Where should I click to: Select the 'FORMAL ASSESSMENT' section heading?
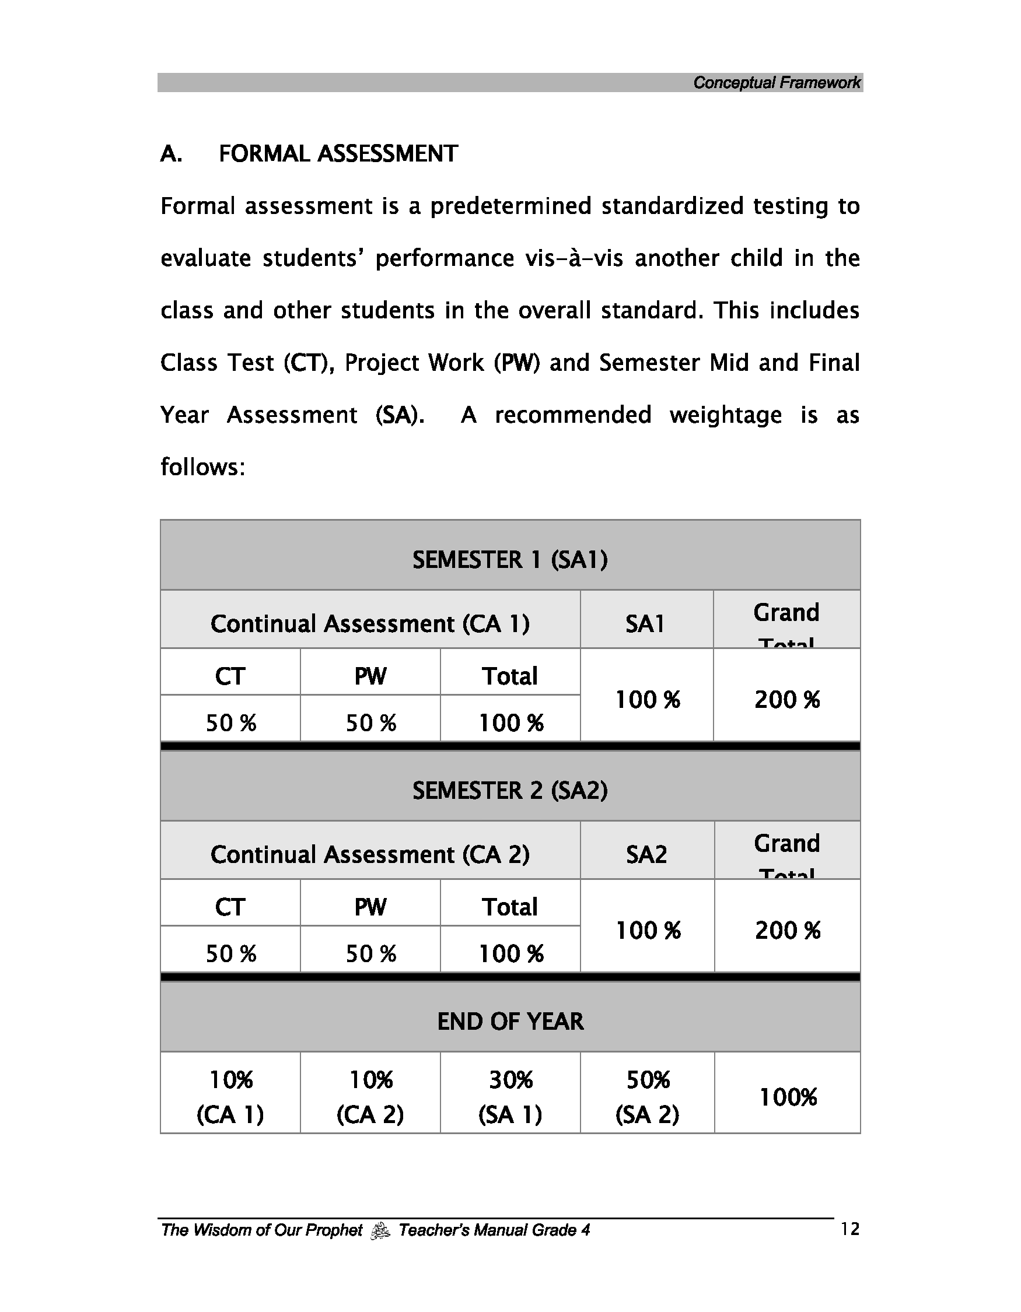(338, 154)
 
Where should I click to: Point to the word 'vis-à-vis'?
(574, 259)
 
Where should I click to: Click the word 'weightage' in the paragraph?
(725, 416)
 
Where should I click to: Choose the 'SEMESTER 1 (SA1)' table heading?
(509, 560)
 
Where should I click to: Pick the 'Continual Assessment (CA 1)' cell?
(369, 623)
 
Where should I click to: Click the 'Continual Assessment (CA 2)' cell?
(369, 854)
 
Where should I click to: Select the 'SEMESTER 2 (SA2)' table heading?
(509, 791)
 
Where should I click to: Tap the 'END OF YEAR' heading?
(509, 1021)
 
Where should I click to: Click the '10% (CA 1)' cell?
(230, 1097)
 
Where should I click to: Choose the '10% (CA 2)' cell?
(370, 1097)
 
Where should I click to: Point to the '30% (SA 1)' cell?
(510, 1097)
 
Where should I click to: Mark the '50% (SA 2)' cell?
(647, 1097)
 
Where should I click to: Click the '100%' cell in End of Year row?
(787, 1097)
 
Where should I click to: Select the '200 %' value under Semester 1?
(786, 700)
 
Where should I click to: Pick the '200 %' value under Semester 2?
(787, 931)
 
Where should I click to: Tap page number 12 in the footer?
(849, 1229)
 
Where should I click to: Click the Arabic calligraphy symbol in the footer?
(380, 1231)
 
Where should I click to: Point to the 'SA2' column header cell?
(646, 854)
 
